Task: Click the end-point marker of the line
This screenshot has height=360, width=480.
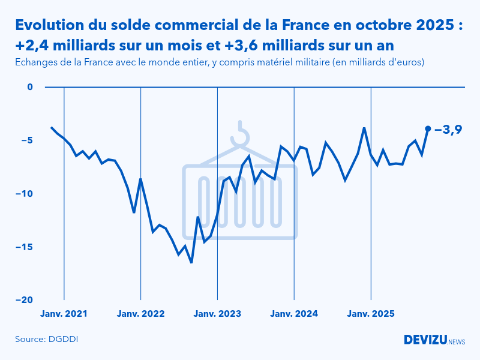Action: [428, 128]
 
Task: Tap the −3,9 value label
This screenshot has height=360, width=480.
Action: [448, 129]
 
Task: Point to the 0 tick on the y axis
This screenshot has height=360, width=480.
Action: [29, 87]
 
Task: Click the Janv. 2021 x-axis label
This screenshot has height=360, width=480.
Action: [64, 314]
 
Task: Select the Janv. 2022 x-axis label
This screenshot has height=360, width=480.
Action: [140, 314]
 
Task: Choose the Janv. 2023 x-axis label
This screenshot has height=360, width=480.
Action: [217, 314]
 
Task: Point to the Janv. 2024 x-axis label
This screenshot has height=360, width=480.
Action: [294, 314]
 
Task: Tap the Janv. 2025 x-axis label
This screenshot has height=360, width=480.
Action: [371, 314]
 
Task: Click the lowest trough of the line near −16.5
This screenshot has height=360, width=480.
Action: [191, 262]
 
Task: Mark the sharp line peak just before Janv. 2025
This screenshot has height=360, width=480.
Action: [364, 128]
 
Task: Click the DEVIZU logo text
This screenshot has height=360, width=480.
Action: [425, 340]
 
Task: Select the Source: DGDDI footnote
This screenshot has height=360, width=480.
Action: [46, 340]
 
